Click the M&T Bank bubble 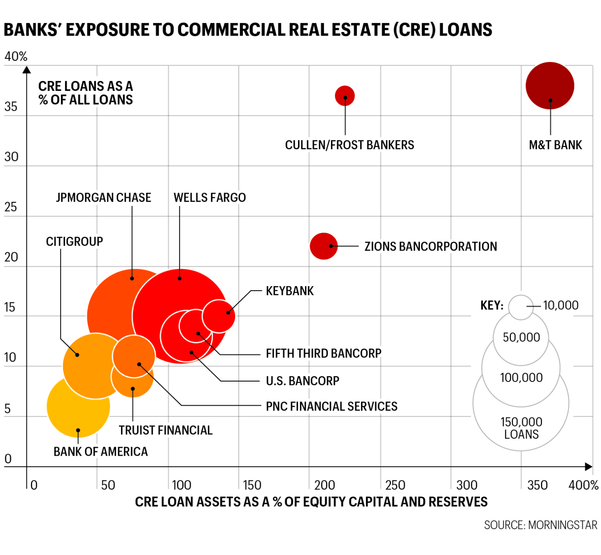point(550,86)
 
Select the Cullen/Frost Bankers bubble point(345,96)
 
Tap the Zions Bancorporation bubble point(323,246)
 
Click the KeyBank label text point(290,291)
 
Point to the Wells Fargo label point(210,198)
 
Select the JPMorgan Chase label point(104,198)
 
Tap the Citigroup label point(74,241)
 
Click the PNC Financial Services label point(331,407)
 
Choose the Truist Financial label point(166,430)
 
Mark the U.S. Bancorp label point(303,381)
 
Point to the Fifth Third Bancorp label point(323,354)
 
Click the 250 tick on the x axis point(395,485)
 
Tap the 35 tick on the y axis point(11,107)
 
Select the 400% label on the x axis point(583,485)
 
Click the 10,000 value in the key point(561,306)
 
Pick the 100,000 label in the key point(521,378)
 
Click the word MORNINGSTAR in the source point(563,525)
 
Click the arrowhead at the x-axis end point(589,467)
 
